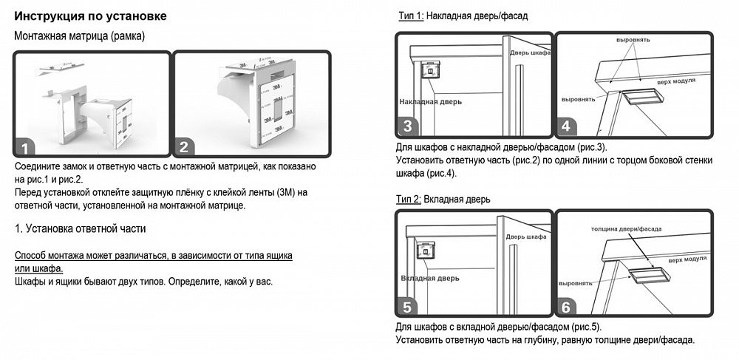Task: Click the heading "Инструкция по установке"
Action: pyautogui.click(x=90, y=16)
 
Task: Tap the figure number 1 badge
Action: pyautogui.click(x=24, y=148)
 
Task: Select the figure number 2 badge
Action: pyautogui.click(x=184, y=146)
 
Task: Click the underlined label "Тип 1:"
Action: pyautogui.click(x=412, y=16)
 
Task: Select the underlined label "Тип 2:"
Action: pyautogui.click(x=409, y=200)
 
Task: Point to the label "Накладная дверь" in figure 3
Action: pyautogui.click(x=431, y=101)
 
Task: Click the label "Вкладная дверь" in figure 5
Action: pyautogui.click(x=430, y=278)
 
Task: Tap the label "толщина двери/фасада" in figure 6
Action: pyautogui.click(x=627, y=229)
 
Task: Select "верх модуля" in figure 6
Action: pyautogui.click(x=687, y=259)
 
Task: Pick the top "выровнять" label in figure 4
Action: pyautogui.click(x=633, y=40)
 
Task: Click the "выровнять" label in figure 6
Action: pyautogui.click(x=576, y=284)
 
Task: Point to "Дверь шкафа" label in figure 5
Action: pyautogui.click(x=526, y=237)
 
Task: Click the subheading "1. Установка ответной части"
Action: pyautogui.click(x=80, y=228)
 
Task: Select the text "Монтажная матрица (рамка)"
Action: pyautogui.click(x=80, y=36)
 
